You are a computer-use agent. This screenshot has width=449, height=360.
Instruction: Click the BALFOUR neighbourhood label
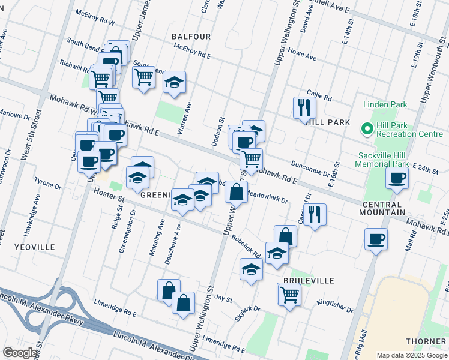click(x=191, y=37)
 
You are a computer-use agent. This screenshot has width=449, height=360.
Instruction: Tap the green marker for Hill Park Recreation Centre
click(x=366, y=128)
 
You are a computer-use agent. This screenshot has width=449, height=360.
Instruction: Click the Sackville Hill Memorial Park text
click(x=382, y=159)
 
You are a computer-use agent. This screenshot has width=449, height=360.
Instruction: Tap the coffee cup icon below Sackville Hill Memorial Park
click(x=397, y=178)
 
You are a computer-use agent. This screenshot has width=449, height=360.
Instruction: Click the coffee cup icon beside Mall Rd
click(x=376, y=239)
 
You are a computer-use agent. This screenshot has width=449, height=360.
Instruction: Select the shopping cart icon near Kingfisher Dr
click(x=289, y=294)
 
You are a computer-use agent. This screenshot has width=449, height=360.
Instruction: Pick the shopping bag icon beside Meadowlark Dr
click(x=237, y=192)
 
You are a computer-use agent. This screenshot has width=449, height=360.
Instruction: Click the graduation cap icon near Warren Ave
click(x=174, y=82)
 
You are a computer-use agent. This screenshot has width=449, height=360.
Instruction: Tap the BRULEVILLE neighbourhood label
click(x=309, y=281)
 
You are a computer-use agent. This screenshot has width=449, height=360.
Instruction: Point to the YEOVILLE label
click(x=36, y=247)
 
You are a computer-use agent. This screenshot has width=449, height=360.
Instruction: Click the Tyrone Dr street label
click(x=48, y=182)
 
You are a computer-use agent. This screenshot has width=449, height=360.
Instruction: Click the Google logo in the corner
click(x=20, y=353)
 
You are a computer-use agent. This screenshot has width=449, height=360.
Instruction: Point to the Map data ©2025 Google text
click(x=411, y=355)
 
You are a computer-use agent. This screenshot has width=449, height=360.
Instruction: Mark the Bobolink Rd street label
click(x=246, y=246)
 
